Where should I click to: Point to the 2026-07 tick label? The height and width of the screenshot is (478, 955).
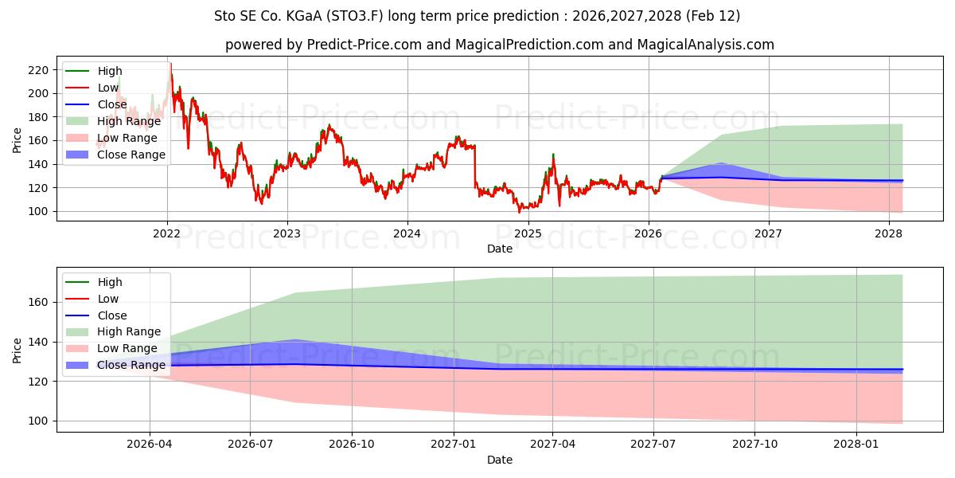[250, 445]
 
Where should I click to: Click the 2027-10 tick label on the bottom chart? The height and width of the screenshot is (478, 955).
[754, 445]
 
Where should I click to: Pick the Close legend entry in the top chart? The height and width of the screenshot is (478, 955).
[111, 104]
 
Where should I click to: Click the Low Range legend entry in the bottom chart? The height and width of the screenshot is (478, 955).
[127, 348]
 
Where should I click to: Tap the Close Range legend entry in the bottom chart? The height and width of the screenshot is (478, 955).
[131, 365]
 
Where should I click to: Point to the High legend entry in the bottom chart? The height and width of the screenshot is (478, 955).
[110, 282]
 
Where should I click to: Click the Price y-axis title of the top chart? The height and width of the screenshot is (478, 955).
[18, 139]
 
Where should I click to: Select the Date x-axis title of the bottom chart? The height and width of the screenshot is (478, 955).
[499, 460]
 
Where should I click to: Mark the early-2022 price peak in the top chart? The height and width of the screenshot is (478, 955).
[170, 64]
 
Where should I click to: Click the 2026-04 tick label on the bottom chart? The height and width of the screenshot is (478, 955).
[149, 445]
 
